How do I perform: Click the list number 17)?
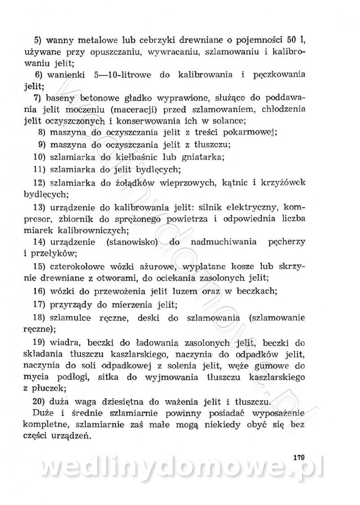pyautogui.click(x=39, y=305)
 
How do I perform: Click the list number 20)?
pyautogui.click(x=39, y=401)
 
